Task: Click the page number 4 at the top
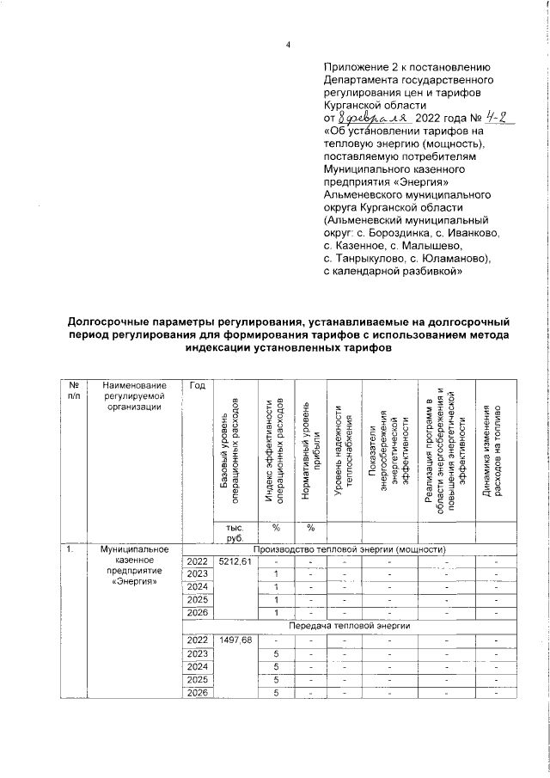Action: click(x=288, y=45)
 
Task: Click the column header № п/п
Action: click(x=74, y=390)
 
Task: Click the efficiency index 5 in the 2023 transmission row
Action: click(x=276, y=653)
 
